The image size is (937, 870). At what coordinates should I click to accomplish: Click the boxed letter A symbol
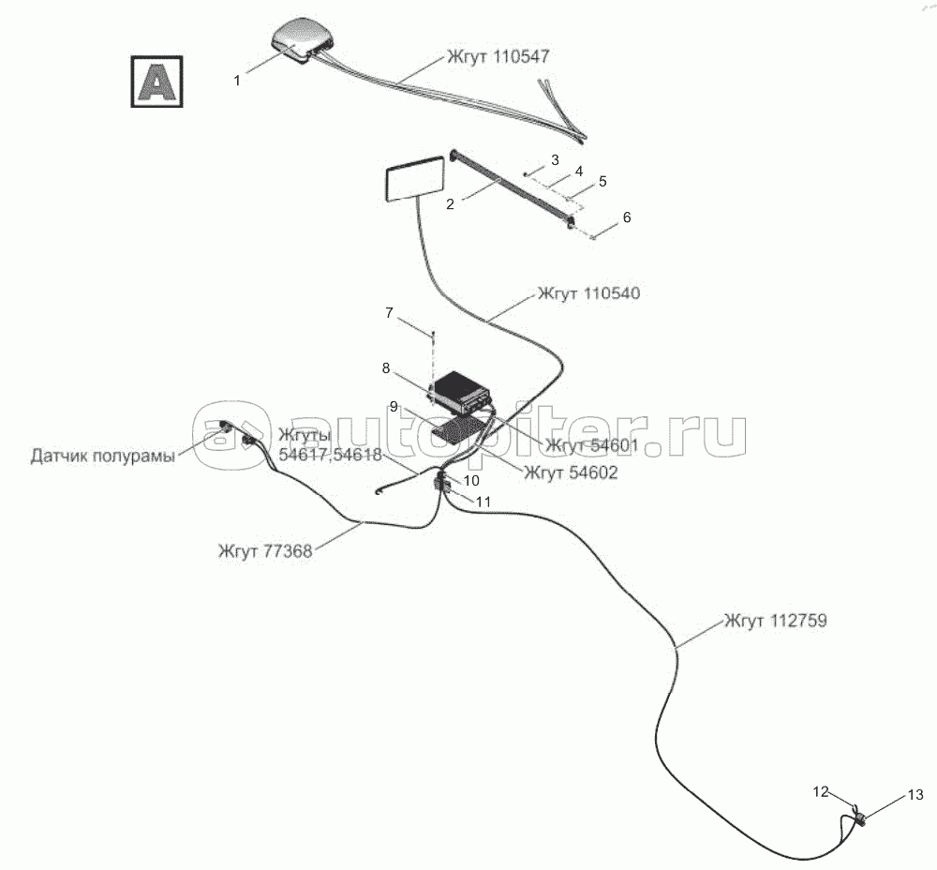[x=156, y=82]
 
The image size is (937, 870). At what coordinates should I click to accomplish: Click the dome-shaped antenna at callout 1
[x=301, y=42]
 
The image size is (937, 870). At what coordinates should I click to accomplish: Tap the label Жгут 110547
[x=492, y=57]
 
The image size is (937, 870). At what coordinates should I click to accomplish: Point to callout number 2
[x=450, y=203]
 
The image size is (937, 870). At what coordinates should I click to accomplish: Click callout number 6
[x=627, y=217]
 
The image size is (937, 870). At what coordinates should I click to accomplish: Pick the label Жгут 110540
[x=588, y=293]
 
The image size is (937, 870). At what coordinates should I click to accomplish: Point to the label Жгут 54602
[x=572, y=473]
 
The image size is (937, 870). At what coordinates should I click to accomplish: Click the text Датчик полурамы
[x=102, y=457]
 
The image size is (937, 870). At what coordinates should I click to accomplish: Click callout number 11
[x=483, y=502]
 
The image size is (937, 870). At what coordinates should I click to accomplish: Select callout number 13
[x=915, y=794]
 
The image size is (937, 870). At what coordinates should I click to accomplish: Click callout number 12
[x=821, y=792]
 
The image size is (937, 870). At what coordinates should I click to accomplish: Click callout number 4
[x=579, y=172]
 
